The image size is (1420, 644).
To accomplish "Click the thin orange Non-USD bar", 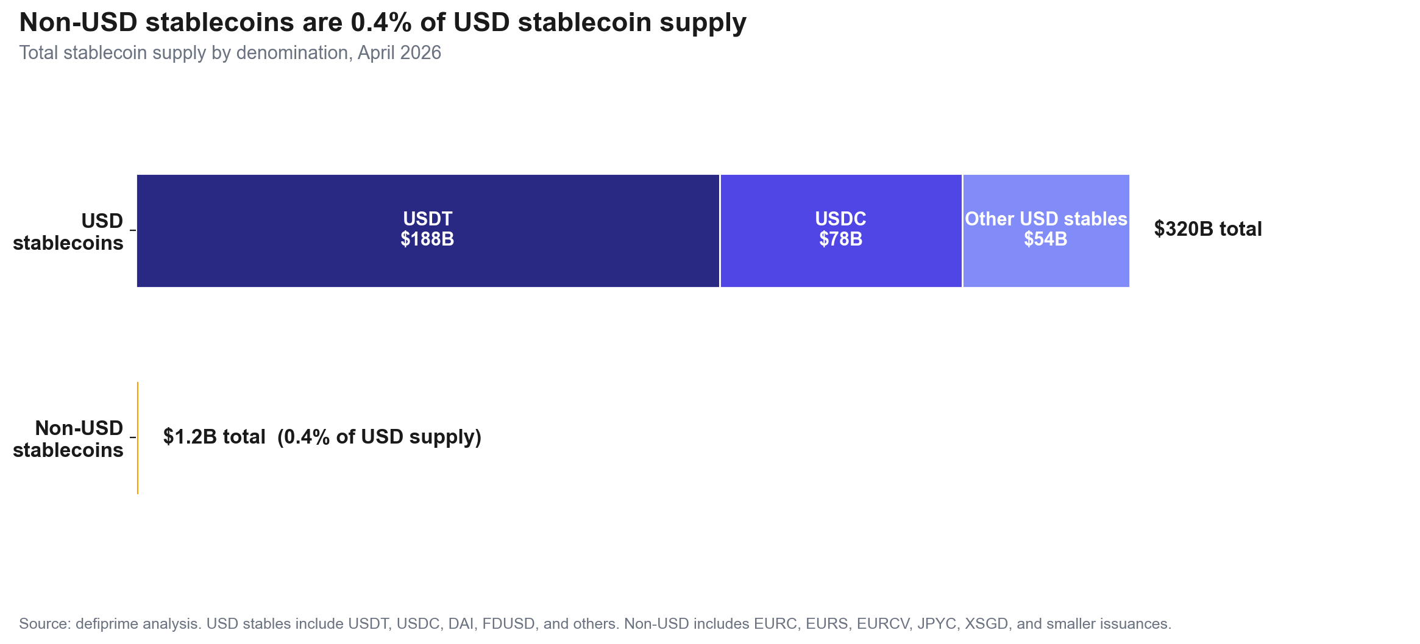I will point(138,437).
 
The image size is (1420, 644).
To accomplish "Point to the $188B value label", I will point(427,239).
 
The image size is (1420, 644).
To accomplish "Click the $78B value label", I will point(840,239).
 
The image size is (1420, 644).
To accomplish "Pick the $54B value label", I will point(1046,239).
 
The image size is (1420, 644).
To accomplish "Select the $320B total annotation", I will point(1207,229).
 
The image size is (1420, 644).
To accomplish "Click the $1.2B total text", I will point(214,437).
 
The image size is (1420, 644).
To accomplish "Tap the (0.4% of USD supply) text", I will point(379,437).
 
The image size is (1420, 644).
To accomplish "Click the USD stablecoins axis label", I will point(68,232).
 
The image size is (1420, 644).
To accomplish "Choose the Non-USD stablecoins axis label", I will point(68,439).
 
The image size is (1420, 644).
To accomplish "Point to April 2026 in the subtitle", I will point(399,53).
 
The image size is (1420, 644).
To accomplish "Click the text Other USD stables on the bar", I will point(1046,219).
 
